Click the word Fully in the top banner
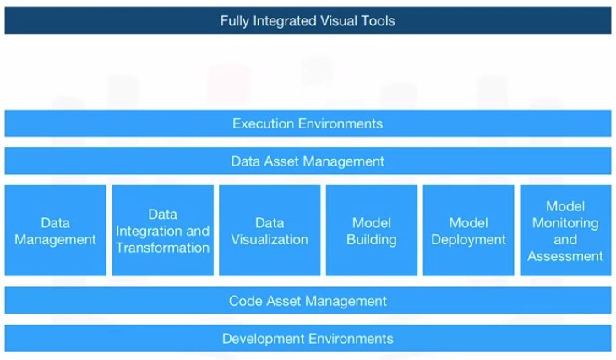point(235,21)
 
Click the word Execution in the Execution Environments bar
point(263,123)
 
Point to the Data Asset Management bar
point(308,161)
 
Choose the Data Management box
point(56,231)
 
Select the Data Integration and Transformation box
point(162,231)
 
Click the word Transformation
point(162,248)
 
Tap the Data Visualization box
point(270,231)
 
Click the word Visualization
point(270,239)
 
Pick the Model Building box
point(372,231)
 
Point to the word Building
point(372,240)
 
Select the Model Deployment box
point(468,231)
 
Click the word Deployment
point(468,240)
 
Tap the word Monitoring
point(565,223)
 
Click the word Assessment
point(565,256)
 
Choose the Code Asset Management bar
point(308,301)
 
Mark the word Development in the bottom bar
point(263,339)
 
